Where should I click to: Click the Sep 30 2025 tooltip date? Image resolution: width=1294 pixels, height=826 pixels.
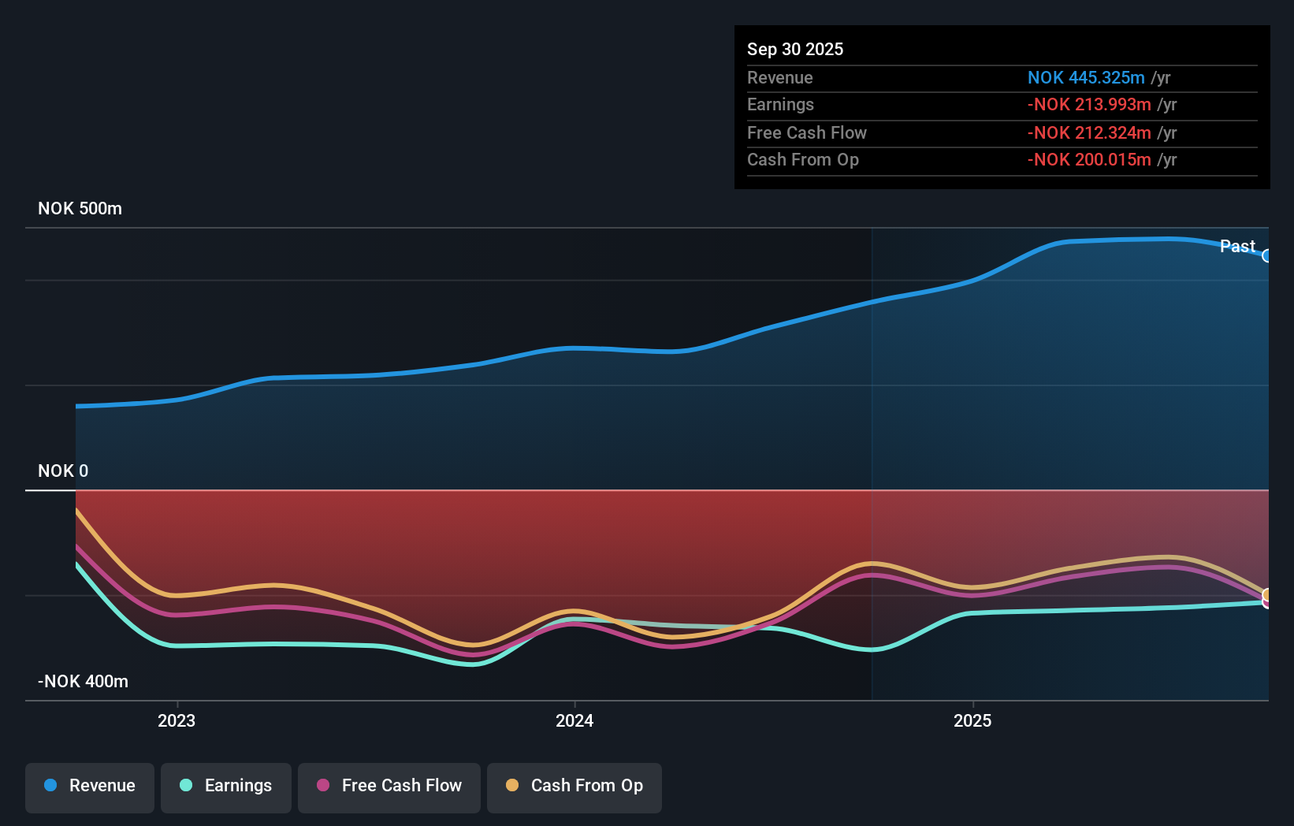[x=794, y=49]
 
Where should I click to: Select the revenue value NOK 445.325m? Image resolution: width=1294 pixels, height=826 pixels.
[x=1085, y=77]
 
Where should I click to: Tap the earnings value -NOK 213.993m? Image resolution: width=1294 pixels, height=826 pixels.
[x=1088, y=104]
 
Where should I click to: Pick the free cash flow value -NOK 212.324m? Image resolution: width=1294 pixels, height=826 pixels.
[x=1088, y=132]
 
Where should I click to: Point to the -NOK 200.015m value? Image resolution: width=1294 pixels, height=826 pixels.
[x=1088, y=159]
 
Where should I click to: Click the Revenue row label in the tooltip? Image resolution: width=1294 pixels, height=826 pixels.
[x=779, y=77]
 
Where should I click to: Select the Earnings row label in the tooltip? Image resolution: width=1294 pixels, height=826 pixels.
[x=780, y=104]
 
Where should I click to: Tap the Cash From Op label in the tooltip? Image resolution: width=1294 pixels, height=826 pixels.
[x=802, y=159]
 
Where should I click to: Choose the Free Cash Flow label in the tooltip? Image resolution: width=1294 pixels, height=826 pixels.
[x=806, y=132]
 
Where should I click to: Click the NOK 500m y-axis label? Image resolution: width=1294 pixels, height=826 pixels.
[x=80, y=208]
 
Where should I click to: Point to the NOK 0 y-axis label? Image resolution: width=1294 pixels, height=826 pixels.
[x=63, y=471]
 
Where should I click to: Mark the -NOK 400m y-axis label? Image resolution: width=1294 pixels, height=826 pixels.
[x=83, y=681]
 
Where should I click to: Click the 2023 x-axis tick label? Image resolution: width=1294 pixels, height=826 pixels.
[x=177, y=720]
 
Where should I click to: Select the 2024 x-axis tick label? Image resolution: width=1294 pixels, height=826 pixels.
[x=574, y=720]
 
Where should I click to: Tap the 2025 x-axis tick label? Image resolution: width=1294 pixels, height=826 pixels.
[x=972, y=720]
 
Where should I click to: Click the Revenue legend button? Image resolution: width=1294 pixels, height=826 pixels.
[x=90, y=786]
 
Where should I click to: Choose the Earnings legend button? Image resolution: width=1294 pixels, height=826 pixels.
[x=226, y=786]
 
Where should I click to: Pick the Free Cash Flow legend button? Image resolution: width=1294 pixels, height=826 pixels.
[x=389, y=786]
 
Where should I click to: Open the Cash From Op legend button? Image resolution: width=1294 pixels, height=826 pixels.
[x=574, y=786]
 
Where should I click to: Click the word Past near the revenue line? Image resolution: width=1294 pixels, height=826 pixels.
[x=1236, y=246]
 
